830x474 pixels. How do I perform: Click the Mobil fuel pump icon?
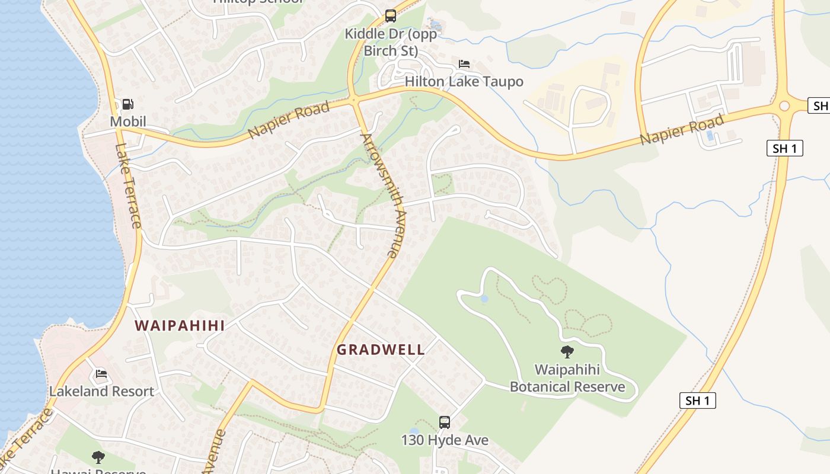[x=127, y=105]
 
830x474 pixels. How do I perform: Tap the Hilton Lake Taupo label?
[x=464, y=81]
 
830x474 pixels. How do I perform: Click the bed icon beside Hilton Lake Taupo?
[x=464, y=64]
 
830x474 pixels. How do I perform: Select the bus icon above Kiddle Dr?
[x=390, y=16]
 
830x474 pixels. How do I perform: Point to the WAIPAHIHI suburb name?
[x=179, y=325]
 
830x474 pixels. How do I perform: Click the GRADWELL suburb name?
[x=381, y=350]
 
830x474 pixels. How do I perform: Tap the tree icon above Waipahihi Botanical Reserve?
[x=567, y=352]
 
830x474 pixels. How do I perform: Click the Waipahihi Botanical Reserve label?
[x=567, y=379]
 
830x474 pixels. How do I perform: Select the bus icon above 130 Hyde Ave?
[x=445, y=422]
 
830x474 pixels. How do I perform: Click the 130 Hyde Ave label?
[x=445, y=440]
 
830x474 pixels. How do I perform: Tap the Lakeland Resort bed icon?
[x=101, y=374]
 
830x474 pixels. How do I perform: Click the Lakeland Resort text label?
[x=101, y=391]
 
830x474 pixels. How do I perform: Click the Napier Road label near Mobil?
[x=289, y=120]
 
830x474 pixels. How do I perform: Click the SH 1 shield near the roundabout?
[x=785, y=148]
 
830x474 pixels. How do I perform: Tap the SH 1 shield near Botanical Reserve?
[x=697, y=401]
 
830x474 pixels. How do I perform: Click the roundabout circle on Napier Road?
[x=785, y=106]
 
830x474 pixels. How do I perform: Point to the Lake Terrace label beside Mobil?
[x=129, y=185]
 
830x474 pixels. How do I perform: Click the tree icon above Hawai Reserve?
[x=98, y=457]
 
